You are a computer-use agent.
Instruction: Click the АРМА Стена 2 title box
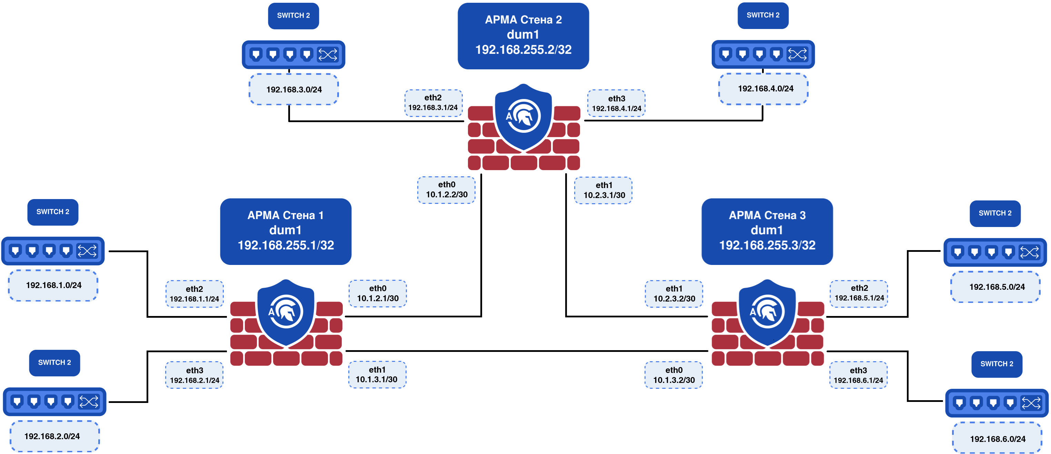pos(523,36)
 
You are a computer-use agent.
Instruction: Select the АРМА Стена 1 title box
pos(286,231)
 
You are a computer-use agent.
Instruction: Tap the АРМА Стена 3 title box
pos(767,231)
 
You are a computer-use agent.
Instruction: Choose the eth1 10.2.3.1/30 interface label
pos(603,190)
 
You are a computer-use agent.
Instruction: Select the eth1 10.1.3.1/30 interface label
pos(377,374)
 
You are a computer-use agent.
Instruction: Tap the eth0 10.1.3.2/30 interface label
pos(674,375)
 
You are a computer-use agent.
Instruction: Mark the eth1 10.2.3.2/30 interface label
pos(674,294)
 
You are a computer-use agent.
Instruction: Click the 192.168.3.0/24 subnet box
pos(294,89)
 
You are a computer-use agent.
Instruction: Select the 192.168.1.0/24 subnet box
pos(53,285)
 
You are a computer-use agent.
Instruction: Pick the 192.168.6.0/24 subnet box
pos(997,439)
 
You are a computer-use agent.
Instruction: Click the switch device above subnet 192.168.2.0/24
pos(55,402)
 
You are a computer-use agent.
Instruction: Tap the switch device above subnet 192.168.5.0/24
pos(995,252)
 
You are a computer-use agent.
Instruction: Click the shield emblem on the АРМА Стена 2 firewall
pos(523,116)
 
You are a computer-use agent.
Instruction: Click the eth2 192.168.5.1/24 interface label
pos(859,293)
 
